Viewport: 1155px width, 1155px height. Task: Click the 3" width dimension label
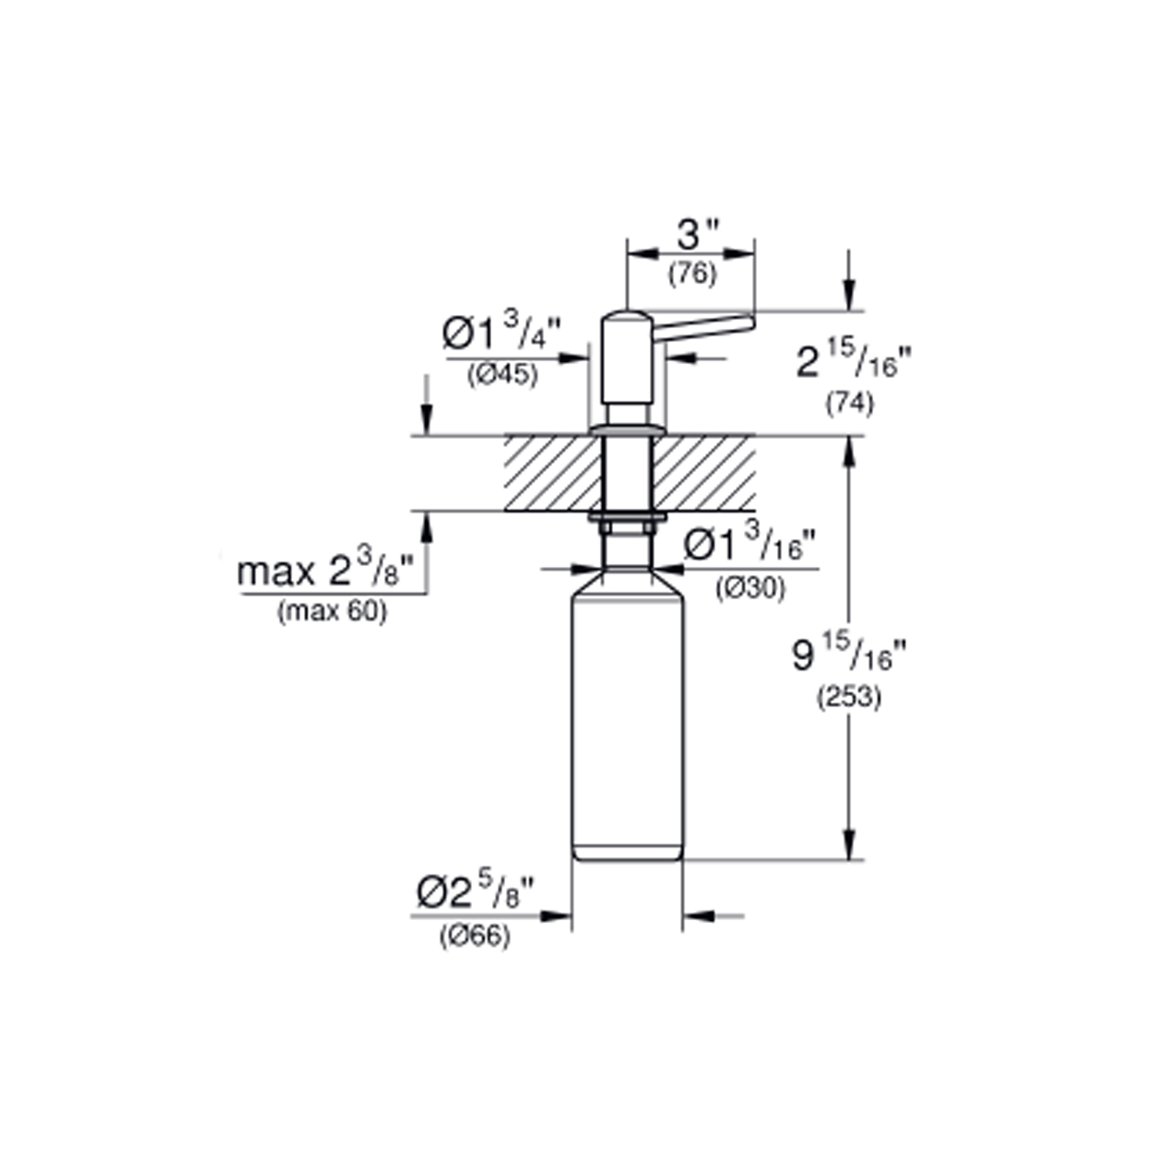(698, 235)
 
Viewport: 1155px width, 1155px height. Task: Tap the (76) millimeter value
(692, 273)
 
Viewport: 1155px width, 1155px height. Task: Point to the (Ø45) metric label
(502, 375)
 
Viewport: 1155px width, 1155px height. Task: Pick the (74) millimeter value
(849, 403)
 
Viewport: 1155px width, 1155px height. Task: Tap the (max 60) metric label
(332, 611)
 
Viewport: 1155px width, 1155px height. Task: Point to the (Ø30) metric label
(750, 588)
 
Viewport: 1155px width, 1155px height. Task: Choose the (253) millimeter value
(848, 697)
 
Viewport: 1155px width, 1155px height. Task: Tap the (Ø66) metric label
(474, 936)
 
